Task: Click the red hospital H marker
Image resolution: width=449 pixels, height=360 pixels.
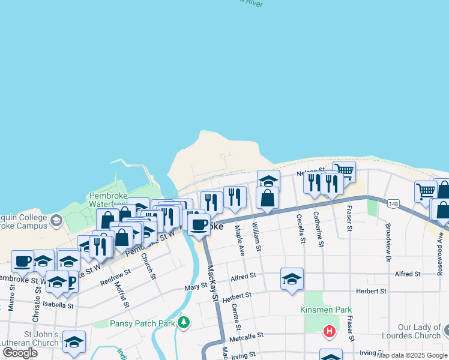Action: [x=329, y=331]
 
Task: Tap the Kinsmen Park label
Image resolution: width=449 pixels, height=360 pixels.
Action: [x=325, y=310]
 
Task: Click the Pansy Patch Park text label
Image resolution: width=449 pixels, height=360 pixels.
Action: [x=142, y=323]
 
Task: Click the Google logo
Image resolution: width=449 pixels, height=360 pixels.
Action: [x=20, y=353]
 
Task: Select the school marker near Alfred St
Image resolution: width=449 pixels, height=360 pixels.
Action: [x=292, y=279]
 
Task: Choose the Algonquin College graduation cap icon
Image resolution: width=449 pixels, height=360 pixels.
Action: [x=56, y=220]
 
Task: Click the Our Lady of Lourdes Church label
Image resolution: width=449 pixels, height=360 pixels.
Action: [x=411, y=331]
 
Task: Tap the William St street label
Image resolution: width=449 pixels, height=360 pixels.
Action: [x=257, y=236]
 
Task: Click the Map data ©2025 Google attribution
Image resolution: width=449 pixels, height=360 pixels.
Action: [x=412, y=355]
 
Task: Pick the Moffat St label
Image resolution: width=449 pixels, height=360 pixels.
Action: [x=122, y=292]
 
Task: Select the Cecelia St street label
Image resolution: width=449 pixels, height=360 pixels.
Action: [x=298, y=230]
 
